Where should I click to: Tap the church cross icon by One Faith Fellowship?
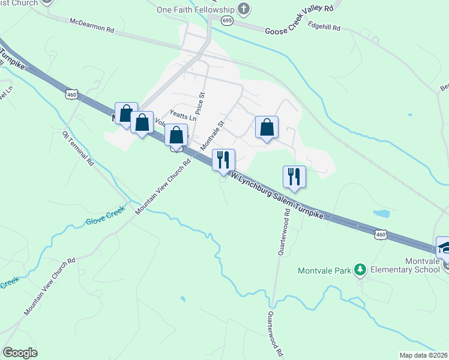243,9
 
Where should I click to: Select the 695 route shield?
226,20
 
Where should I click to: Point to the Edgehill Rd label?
324,28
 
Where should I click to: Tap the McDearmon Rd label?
91,25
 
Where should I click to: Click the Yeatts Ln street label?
183,118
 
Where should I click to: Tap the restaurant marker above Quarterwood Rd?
294,176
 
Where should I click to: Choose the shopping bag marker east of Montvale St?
267,128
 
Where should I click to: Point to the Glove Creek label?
104,216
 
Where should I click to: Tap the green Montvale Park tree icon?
360,270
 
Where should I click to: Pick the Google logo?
20,353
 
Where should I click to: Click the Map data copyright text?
423,355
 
